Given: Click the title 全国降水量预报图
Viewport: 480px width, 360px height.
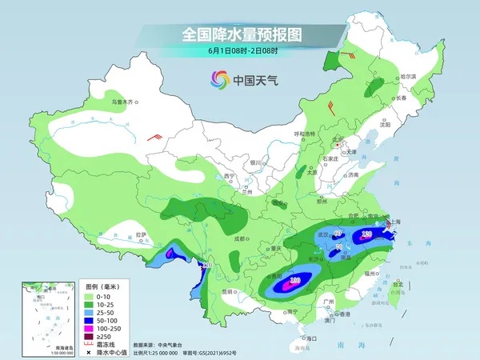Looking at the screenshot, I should [240, 34].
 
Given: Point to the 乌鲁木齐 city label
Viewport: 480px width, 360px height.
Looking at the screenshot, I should [124, 102].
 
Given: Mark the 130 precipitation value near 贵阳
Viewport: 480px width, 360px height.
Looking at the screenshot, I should [294, 281].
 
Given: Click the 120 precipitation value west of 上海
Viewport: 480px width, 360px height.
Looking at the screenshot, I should [366, 234].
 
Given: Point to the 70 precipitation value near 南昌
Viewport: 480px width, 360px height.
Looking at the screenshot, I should [339, 248].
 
